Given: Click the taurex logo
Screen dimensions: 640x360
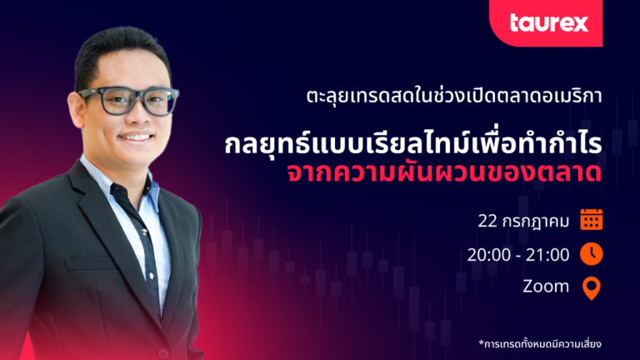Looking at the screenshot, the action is (549, 22).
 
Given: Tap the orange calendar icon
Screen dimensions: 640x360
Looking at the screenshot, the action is (592, 220).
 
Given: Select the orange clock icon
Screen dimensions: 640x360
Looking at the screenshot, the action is (592, 254).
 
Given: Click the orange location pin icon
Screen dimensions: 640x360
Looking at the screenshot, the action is (592, 287).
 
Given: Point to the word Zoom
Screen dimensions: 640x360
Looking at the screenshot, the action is (546, 287).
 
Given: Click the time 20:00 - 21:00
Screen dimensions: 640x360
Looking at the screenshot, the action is (518, 255).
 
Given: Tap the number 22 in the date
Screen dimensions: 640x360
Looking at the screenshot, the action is (487, 221).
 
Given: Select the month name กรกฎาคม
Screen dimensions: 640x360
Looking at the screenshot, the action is (536, 222).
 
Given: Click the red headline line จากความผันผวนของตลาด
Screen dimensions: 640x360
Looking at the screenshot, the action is (444, 172).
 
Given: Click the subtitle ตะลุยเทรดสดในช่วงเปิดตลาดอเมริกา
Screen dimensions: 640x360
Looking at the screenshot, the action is (454, 96).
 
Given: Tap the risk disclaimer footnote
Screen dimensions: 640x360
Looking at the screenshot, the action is (540, 343).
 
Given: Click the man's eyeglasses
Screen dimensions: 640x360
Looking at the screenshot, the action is (128, 100).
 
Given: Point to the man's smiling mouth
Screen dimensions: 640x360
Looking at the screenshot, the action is (136, 137).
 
